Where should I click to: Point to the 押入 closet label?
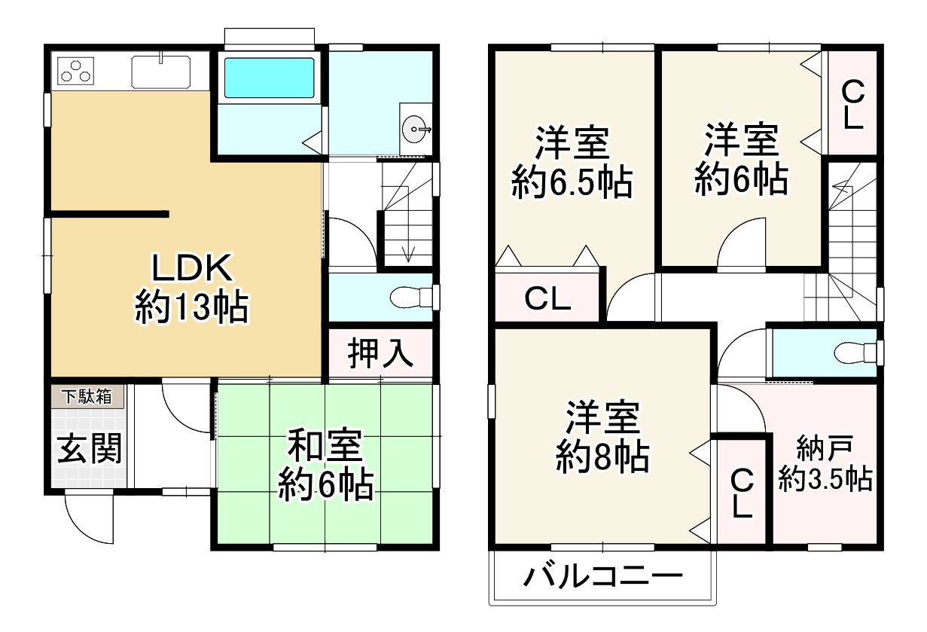380,353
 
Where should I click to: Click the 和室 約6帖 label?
325,465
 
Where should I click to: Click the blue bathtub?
269,76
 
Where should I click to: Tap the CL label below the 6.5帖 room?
547,300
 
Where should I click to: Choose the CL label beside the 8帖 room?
742,493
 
